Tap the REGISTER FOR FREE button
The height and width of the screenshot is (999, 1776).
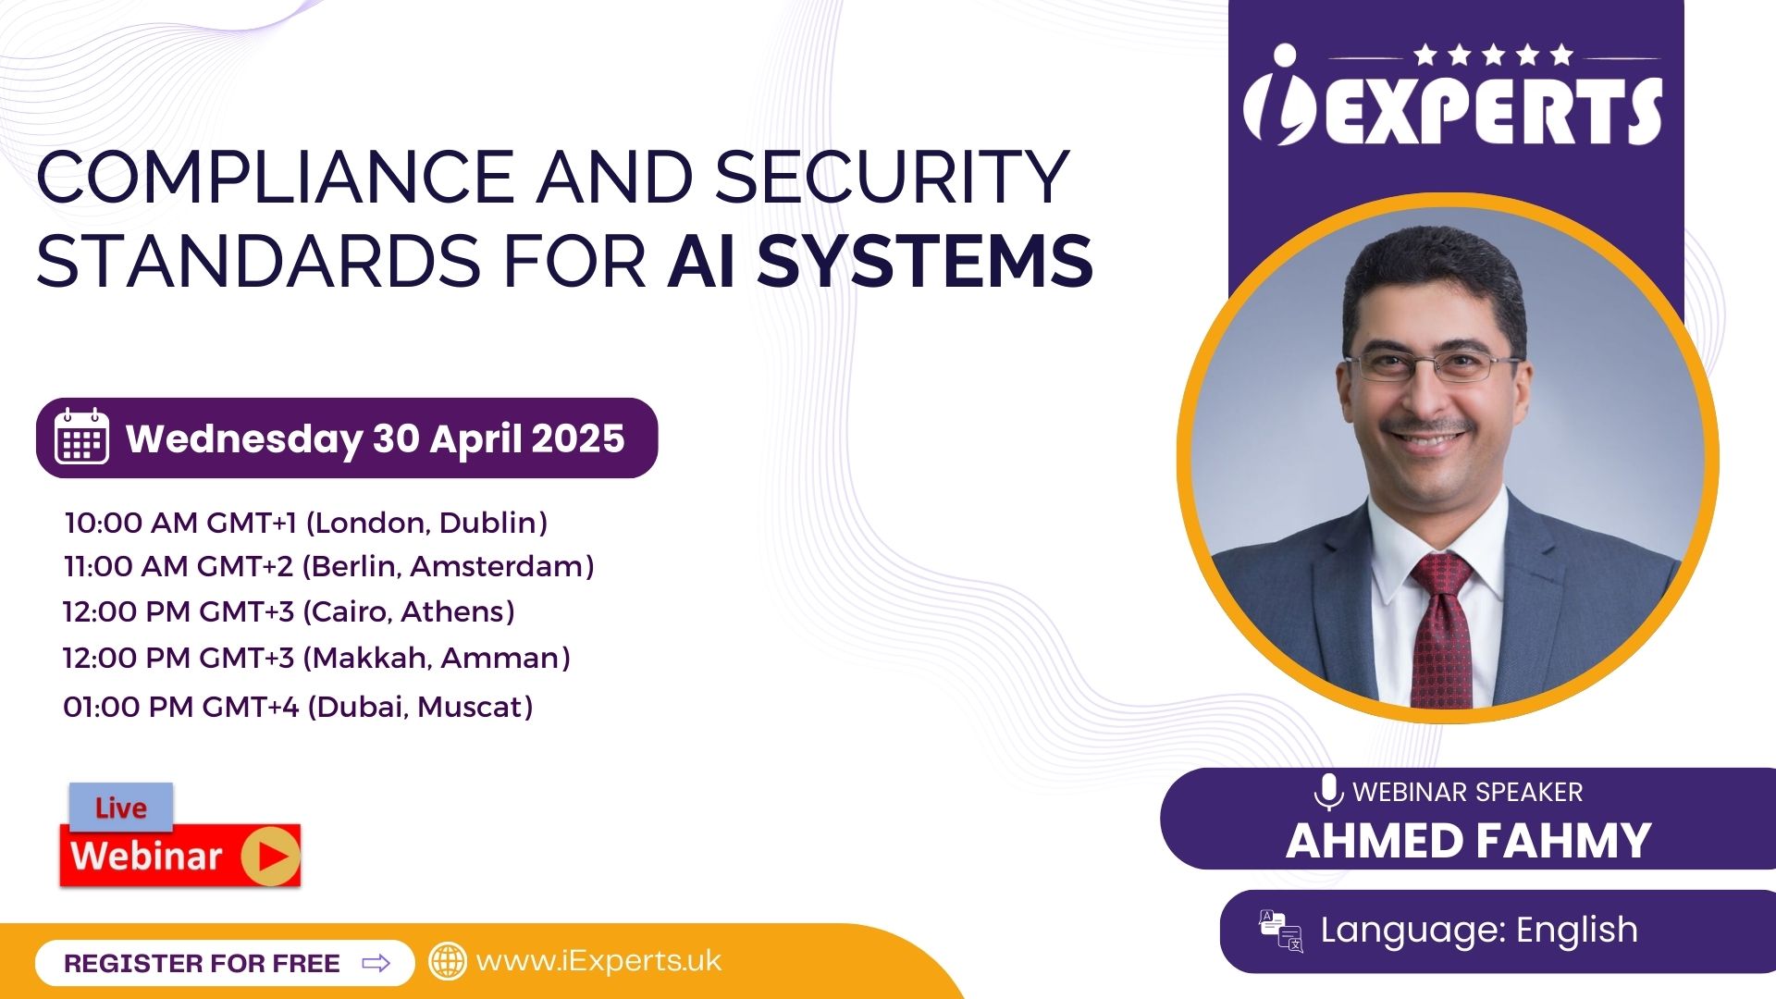[x=225, y=963]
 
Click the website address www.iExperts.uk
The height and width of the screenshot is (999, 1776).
[x=598, y=961]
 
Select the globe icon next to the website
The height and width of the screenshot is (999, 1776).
[x=448, y=961]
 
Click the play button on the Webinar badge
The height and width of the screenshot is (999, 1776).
[x=271, y=856]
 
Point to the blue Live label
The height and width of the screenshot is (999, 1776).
[x=121, y=807]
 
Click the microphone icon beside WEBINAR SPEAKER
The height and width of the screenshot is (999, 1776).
[x=1328, y=792]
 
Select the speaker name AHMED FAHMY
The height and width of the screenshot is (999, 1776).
[x=1468, y=841]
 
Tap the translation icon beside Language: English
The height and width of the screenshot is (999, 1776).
[x=1280, y=931]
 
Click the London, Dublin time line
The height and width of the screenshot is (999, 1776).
[x=306, y=523]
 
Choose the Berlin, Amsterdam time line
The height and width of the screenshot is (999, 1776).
[x=329, y=566]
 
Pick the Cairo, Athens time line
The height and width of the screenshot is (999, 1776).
[x=289, y=611]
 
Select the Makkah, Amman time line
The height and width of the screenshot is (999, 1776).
[x=316, y=658]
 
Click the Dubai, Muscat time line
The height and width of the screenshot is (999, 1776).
[x=298, y=707]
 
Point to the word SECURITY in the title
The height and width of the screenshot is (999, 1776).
[x=892, y=177]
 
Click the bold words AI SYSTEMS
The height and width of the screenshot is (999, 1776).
[x=880, y=261]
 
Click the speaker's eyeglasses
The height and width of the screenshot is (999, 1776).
[x=1432, y=366]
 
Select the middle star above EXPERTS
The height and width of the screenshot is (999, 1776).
[x=1494, y=55]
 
